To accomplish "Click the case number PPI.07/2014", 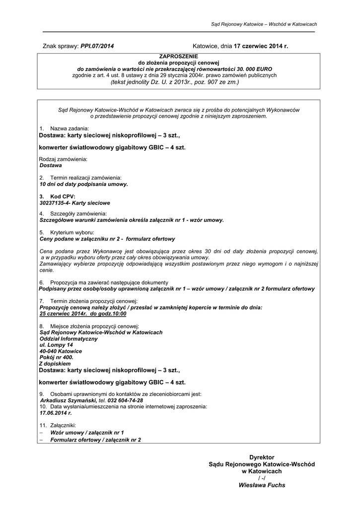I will click(97, 46).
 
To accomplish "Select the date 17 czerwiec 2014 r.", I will click(261, 46).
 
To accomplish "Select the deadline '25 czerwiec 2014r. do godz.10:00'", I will click(83, 314).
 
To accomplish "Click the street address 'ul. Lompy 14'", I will click(56, 345).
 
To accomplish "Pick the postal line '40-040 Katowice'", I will click(61, 351).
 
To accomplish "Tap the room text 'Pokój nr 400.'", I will click(57, 357).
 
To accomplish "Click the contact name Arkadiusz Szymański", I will click(68, 400).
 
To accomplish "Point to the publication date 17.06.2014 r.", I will click(56, 413).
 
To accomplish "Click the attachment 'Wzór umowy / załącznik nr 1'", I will click(87, 433).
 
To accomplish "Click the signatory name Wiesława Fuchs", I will click(262, 485).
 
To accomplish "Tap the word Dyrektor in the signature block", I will click(262, 457).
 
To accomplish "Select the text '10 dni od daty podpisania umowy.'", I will click(83, 184).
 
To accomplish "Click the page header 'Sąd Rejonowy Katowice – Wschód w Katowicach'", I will click(264, 24).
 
